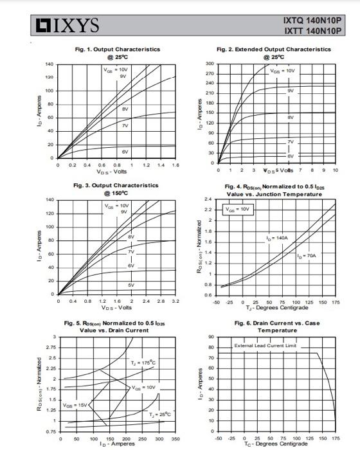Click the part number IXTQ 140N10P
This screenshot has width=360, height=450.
(312, 20)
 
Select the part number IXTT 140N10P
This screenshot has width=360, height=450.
(312, 30)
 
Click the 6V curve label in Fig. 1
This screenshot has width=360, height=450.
(126, 151)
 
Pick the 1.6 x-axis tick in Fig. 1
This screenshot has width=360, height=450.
(175, 165)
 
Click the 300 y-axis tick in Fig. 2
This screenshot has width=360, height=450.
(210, 64)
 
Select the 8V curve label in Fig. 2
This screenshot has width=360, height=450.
(291, 118)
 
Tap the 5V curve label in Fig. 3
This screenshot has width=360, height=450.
(131, 284)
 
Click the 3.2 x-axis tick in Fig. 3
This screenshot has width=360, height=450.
(175, 301)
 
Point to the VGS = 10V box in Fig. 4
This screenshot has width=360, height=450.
(237, 210)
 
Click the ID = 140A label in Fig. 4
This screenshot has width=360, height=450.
(277, 239)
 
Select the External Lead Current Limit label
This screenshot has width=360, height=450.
(264, 346)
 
